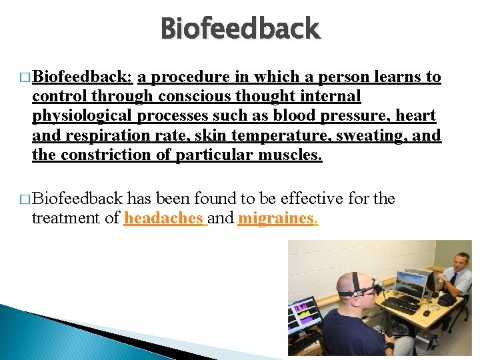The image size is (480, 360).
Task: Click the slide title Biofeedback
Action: [241, 29]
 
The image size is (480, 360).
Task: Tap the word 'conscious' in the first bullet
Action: [190, 97]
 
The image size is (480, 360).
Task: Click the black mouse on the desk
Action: [426, 312]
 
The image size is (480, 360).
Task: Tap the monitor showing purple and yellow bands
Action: [304, 314]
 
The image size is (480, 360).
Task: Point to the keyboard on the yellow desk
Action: [400, 305]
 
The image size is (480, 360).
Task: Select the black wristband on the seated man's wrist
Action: [389, 345]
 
